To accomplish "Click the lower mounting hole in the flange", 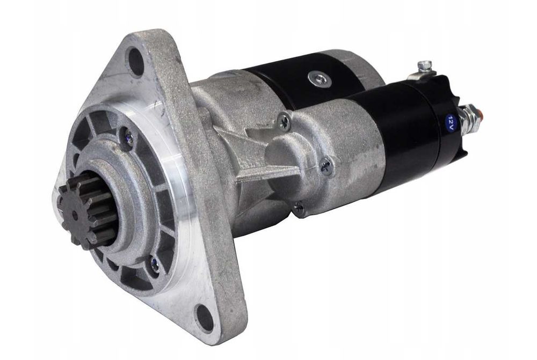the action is (204, 317).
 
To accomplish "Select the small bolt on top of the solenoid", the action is (425, 67).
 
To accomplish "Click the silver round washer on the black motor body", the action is (318, 78).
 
